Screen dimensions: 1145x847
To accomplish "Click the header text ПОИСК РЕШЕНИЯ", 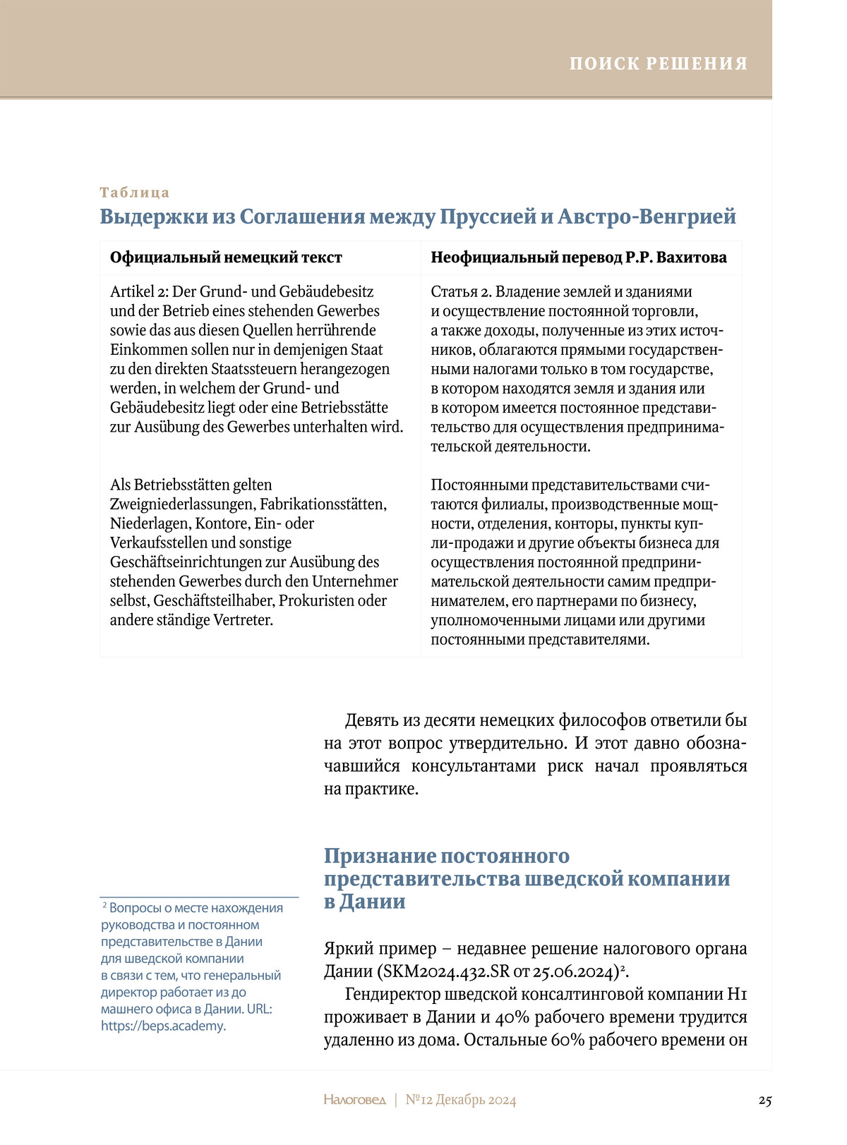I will (659, 63).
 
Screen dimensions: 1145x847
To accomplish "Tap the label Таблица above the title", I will (135, 193).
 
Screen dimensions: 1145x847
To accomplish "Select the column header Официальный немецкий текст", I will (226, 258).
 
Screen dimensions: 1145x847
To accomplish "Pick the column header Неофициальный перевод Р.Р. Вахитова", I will (579, 258).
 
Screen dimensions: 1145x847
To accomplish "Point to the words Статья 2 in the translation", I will (461, 292).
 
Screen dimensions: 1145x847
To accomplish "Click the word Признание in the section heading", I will (380, 856).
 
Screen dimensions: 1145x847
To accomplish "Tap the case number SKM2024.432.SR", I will (445, 971).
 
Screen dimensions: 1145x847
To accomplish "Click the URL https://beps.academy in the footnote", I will (162, 1026).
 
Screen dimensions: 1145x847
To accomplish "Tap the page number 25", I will (765, 1101).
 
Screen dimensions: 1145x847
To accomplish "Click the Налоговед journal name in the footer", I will (355, 1101).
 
